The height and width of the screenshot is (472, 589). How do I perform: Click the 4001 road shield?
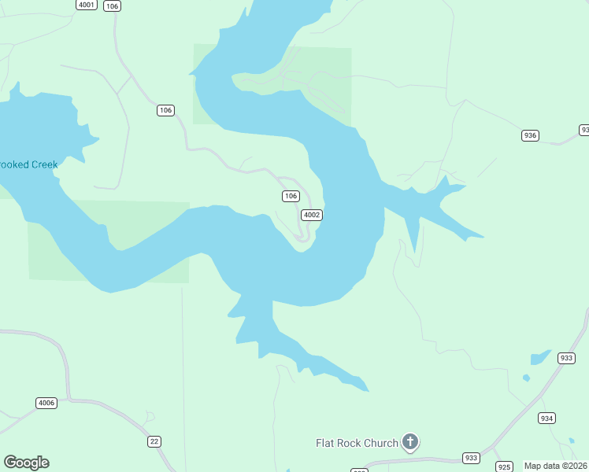point(87,5)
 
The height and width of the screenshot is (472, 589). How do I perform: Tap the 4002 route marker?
point(312,215)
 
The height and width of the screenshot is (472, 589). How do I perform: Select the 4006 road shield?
point(46,403)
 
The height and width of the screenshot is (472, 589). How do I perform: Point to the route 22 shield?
point(154,441)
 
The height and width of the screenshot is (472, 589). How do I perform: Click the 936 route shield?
point(530,135)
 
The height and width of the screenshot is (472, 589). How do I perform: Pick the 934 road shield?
point(547,418)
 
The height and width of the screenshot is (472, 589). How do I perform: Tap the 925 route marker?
point(505,466)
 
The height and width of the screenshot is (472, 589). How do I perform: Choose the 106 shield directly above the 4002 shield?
point(291,196)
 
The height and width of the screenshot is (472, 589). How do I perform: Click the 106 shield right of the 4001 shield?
point(113,6)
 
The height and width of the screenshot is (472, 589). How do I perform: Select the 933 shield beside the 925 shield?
point(471,458)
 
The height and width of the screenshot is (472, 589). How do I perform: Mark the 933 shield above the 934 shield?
point(566,358)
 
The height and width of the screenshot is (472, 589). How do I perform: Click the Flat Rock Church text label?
point(357,443)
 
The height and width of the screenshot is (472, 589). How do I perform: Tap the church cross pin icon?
point(410,442)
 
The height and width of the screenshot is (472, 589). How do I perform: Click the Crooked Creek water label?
point(28,164)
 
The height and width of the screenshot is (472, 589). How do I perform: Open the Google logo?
point(26,463)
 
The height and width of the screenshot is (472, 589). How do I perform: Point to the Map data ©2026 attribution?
point(555,466)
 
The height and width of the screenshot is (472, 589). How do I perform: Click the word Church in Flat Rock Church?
point(380,443)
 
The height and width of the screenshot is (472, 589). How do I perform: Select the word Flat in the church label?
point(327,443)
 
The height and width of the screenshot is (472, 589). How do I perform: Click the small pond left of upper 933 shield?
point(539,358)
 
